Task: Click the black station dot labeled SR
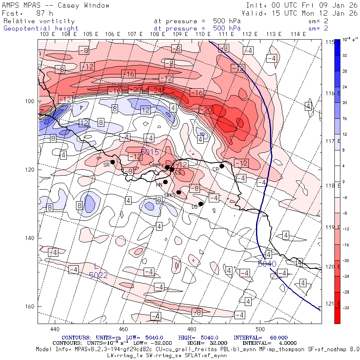[x=113, y=162]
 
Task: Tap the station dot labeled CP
[x=222, y=166]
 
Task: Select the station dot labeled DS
[x=201, y=204]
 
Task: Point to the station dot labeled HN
[x=165, y=182]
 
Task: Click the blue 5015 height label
[x=150, y=152]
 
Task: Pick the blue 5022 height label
[x=98, y=275]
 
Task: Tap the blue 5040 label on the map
[x=267, y=264]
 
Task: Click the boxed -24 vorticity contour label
[x=158, y=90]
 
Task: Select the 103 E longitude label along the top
[x=47, y=34]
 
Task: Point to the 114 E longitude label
[x=298, y=34]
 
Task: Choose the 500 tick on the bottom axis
[x=260, y=329]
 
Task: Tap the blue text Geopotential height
[x=41, y=28]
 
